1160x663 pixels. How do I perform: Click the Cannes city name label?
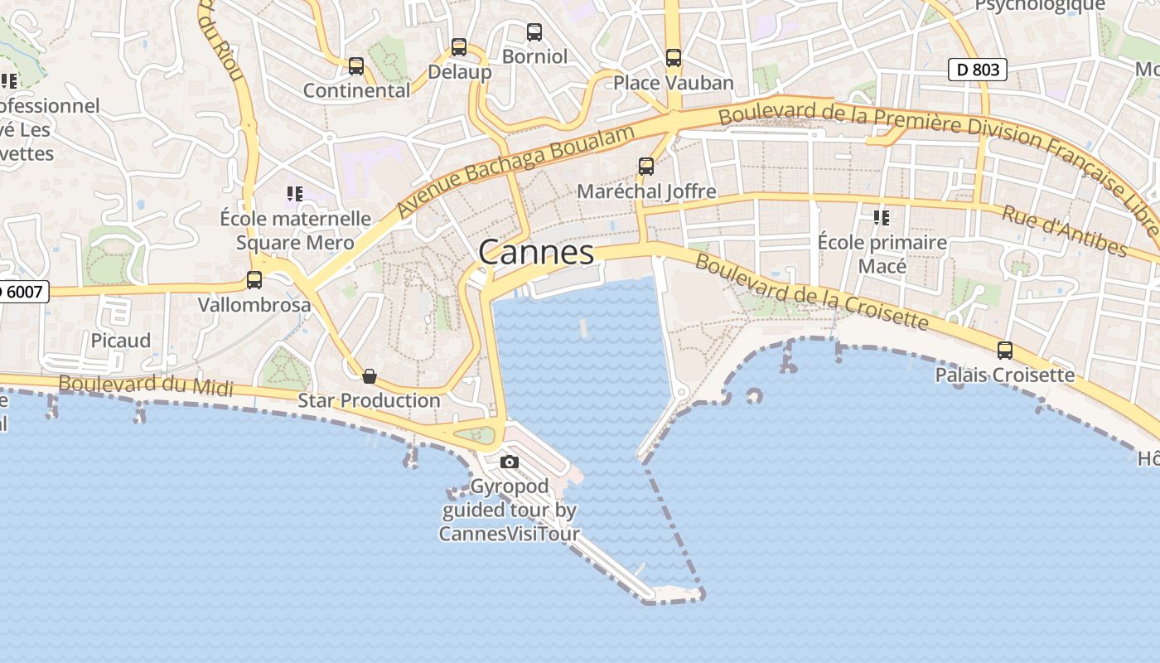(x=536, y=253)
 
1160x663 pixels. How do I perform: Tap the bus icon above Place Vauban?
(x=674, y=58)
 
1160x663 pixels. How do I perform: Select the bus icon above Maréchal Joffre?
(x=646, y=167)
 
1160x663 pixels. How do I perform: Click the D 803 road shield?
(x=978, y=70)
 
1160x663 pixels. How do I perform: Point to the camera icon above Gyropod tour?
(x=510, y=462)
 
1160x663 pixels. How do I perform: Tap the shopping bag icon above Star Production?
(x=370, y=376)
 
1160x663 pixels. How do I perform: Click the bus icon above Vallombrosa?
(x=254, y=280)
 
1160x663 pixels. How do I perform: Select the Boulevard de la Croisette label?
(x=812, y=292)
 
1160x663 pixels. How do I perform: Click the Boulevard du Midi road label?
(x=146, y=385)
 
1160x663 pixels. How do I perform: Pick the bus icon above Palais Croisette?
(x=1005, y=351)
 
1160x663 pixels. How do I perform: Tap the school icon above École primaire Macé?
(x=882, y=218)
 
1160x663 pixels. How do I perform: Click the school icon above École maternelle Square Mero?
(x=295, y=194)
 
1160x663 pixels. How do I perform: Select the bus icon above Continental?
(x=356, y=66)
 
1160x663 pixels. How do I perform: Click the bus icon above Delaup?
(x=459, y=47)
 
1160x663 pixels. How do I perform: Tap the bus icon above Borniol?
(x=534, y=32)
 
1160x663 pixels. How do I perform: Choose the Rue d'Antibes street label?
(x=1065, y=231)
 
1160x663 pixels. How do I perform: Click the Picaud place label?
(x=121, y=341)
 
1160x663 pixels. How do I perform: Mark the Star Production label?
(x=369, y=400)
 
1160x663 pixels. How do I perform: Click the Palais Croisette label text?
(x=1005, y=375)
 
